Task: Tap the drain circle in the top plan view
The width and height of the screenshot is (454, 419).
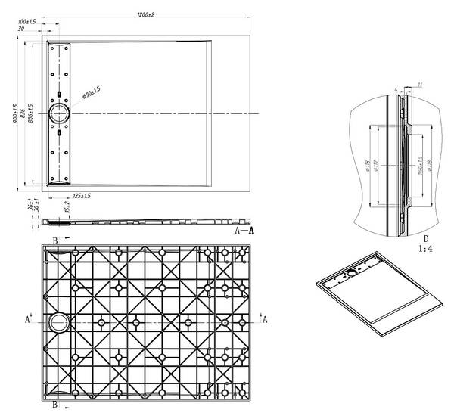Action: pyautogui.click(x=59, y=113)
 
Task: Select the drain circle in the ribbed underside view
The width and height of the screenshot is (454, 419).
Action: pyautogui.click(x=58, y=321)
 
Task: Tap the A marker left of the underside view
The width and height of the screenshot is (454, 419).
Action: pyautogui.click(x=27, y=320)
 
